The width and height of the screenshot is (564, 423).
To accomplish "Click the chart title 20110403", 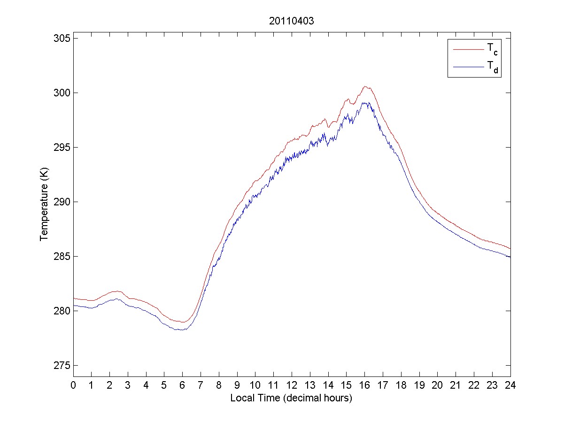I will (x=292, y=21).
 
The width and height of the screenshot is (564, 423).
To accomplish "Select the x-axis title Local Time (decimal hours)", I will (x=292, y=398).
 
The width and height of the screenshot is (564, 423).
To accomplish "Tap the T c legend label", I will (x=492, y=48).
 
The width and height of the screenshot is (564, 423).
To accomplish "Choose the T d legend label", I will (x=492, y=68).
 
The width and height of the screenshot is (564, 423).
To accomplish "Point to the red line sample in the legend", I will (x=468, y=48).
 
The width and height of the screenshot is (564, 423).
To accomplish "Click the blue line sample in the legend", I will (x=468, y=68).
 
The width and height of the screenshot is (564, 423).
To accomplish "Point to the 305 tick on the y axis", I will (x=62, y=38).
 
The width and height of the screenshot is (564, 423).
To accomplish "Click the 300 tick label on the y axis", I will (x=62, y=93).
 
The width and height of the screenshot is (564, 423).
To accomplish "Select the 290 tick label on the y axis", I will (x=62, y=202).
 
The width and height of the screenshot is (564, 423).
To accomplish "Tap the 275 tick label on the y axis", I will (x=62, y=366).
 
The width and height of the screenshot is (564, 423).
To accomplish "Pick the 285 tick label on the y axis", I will (x=62, y=257).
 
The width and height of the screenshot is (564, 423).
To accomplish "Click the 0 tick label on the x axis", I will (x=73, y=385).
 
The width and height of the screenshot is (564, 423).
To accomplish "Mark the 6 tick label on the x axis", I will (x=183, y=385).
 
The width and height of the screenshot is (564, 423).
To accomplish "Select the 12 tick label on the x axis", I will (x=292, y=385).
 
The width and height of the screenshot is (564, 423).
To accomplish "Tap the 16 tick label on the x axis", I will (x=365, y=385).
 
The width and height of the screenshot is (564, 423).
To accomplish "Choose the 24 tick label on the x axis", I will (x=510, y=385).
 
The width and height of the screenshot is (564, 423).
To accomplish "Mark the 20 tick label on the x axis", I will (x=438, y=385).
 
